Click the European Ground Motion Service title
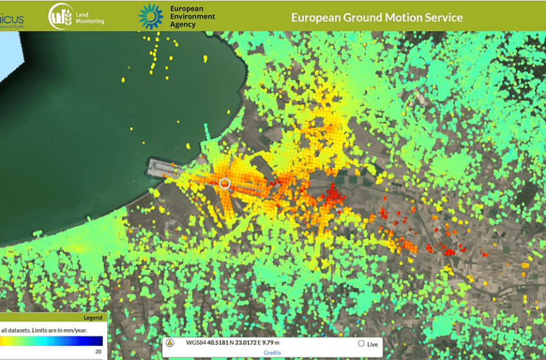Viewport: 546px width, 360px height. coord(376,17)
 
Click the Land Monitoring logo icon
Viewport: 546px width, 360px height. coord(60,16)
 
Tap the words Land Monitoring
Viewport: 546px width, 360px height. coord(89,17)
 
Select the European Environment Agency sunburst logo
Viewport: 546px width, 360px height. coord(152,16)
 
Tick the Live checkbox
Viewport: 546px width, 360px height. coord(361,344)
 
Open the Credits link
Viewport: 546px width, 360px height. coord(272,353)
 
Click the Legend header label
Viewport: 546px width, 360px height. coord(93,318)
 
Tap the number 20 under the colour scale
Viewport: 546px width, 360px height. coord(98,351)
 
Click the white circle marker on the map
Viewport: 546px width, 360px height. coord(225,183)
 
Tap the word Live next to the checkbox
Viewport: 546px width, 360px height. coord(373,345)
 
